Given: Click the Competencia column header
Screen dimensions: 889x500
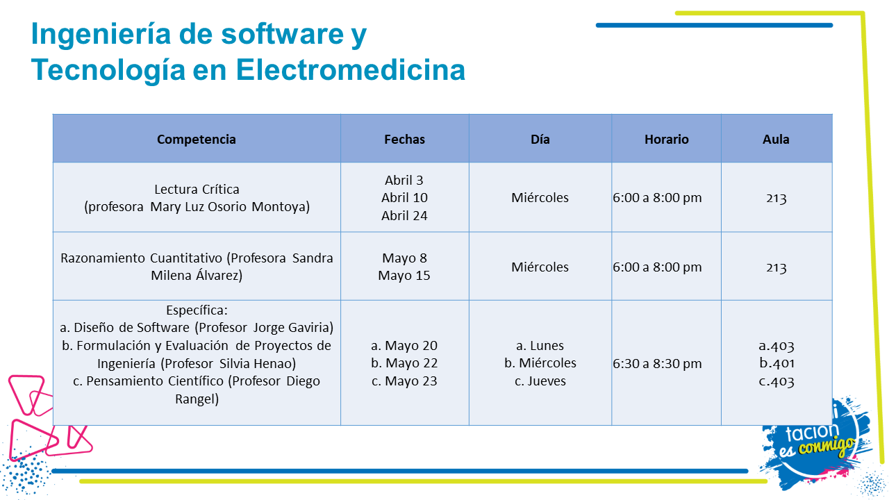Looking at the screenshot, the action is [197, 140].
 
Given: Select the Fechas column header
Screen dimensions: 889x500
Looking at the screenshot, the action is [404, 140].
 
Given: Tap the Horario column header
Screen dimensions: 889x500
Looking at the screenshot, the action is [666, 140].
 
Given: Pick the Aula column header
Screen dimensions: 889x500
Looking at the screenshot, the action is [776, 140].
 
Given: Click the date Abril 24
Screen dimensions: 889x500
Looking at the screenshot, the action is [404, 215].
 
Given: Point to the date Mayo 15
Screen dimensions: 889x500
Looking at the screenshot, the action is [404, 276].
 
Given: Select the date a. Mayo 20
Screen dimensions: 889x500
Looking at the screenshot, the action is [404, 346].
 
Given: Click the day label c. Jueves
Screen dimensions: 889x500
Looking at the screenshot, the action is [540, 381].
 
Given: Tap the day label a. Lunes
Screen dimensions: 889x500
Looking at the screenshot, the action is [540, 346].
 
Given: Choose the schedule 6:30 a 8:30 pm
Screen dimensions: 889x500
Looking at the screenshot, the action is [657, 363].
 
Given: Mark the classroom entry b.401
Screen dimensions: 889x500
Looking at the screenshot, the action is [776, 363].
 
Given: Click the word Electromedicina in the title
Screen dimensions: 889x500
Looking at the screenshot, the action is [351, 70].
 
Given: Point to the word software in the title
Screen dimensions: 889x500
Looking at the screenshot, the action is [282, 34].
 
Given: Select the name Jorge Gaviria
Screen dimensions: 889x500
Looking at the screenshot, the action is [292, 327].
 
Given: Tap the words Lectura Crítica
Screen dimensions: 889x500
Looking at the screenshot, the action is [197, 190].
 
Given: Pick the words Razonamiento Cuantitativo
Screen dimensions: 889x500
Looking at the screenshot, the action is [141, 258].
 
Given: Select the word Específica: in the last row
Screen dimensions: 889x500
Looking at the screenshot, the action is [197, 310].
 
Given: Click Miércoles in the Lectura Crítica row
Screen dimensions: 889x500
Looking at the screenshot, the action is [540, 198].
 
